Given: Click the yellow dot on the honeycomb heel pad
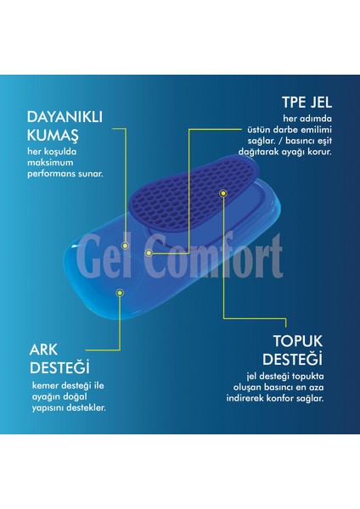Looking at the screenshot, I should pos(222,193).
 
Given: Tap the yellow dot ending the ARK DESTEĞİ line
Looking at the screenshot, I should pos(120,293).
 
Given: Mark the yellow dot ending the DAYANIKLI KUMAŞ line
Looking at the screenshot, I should pos(126,245).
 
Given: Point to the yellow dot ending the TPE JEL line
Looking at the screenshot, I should pos(149,252).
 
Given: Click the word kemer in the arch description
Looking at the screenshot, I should pos(42,386).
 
